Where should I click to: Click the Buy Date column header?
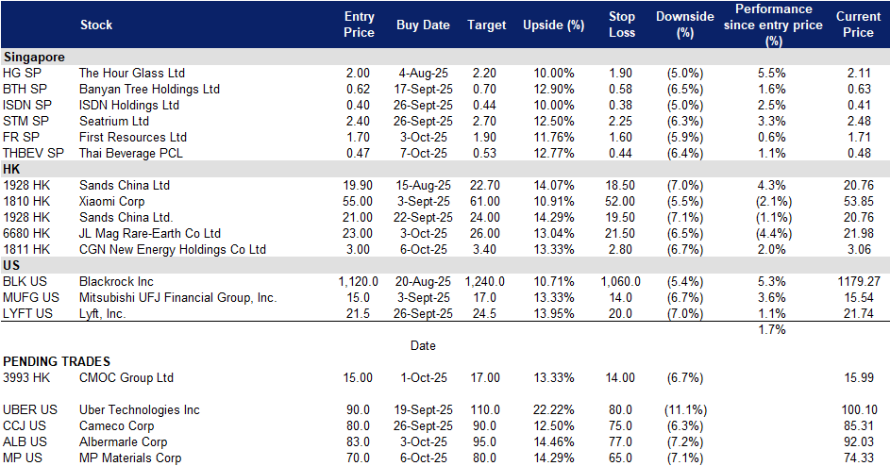423,25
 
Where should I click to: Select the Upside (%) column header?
553,25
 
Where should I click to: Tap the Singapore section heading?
34,58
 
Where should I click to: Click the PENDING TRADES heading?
57,361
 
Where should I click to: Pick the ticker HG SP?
22,74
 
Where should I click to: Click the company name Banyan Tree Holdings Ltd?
149,89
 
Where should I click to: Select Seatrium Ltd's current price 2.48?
859,122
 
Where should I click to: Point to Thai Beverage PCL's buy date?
423,153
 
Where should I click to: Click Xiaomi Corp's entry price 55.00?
358,202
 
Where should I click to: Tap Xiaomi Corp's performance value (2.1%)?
773,202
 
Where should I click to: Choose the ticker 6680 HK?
26,233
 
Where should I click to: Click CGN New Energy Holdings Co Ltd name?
173,250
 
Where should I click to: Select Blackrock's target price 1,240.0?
485,281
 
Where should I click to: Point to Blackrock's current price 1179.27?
859,281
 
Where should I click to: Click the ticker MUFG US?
30,297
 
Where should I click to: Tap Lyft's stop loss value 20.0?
620,314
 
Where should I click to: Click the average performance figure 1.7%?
772,330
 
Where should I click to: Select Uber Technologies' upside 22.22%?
553,409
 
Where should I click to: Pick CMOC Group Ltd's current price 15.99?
859,378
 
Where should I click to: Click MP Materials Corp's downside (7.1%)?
685,458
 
